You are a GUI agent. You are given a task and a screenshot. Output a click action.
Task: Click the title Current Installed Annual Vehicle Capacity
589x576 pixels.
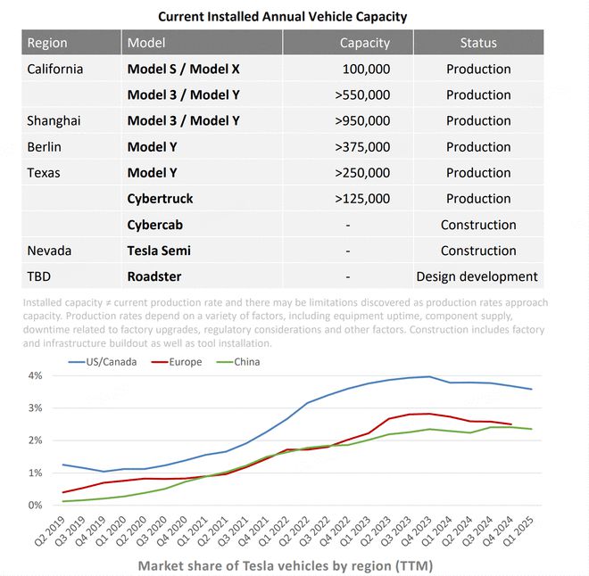coord(282,16)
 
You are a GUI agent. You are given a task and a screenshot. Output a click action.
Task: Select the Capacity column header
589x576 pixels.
coord(364,43)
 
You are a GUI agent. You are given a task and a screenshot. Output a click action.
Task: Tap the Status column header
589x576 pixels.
coord(478,43)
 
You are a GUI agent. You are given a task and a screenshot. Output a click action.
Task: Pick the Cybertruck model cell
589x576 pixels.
coord(160,198)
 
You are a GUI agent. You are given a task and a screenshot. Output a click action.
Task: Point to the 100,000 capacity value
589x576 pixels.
coord(366,69)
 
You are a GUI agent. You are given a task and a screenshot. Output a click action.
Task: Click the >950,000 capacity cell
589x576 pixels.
coord(362,120)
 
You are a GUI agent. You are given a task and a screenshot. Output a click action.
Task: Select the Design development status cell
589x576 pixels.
coord(477,276)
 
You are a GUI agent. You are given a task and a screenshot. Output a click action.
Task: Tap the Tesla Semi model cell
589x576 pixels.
coord(159,251)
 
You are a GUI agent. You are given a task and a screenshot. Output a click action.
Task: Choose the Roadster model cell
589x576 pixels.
coord(154,276)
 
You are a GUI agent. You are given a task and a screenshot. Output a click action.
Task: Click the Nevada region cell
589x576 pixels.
coord(49,251)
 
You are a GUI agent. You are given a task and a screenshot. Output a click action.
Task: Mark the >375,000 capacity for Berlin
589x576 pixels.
coord(362,146)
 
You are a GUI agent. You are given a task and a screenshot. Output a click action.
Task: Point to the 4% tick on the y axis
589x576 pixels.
coord(35,375)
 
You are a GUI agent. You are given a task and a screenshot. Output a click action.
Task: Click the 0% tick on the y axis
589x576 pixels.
coord(35,505)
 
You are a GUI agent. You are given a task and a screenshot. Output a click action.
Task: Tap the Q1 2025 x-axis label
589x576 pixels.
coord(521,533)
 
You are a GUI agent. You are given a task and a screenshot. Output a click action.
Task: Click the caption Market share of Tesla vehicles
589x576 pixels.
coord(286,565)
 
